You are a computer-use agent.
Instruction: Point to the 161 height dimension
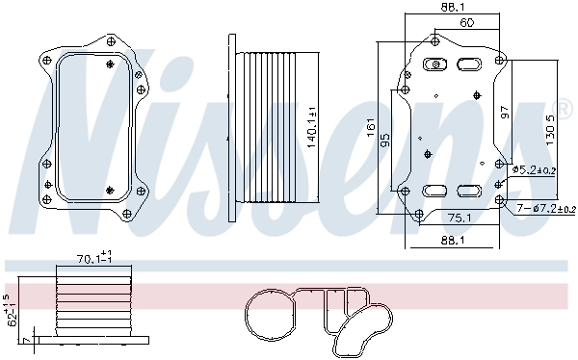coord(371,127)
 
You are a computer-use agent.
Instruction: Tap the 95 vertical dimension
coord(385,140)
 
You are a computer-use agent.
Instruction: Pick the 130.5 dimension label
coord(551,126)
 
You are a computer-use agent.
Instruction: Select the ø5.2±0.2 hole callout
coord(541,169)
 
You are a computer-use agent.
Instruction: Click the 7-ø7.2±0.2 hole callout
coord(544,208)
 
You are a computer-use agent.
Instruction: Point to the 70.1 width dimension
coord(93,257)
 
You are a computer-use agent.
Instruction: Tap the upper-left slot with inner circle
coord(434,65)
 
